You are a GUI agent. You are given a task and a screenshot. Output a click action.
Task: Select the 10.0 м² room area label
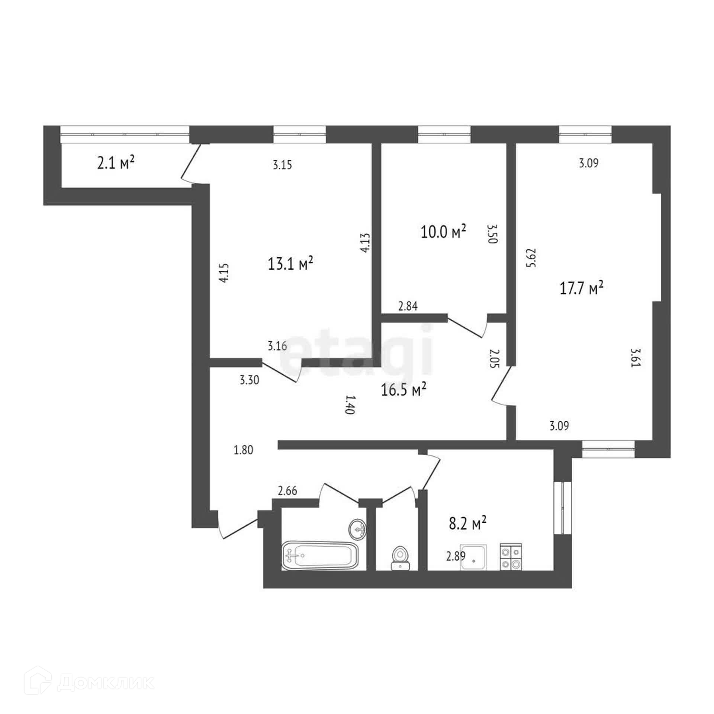[443, 232]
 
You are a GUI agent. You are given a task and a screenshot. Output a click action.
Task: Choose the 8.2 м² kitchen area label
[468, 523]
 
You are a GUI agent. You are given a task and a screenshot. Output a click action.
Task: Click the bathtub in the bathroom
[320, 555]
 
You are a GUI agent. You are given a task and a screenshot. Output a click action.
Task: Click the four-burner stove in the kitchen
[511, 556]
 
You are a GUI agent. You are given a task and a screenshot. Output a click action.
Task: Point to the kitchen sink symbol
[473, 557]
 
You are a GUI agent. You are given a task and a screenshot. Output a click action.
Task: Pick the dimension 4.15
[225, 273]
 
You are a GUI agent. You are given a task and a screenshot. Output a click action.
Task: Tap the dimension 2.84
[408, 306]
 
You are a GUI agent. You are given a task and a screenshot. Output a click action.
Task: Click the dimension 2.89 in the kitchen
[456, 556]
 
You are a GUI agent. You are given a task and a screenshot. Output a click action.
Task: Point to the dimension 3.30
[250, 380]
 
